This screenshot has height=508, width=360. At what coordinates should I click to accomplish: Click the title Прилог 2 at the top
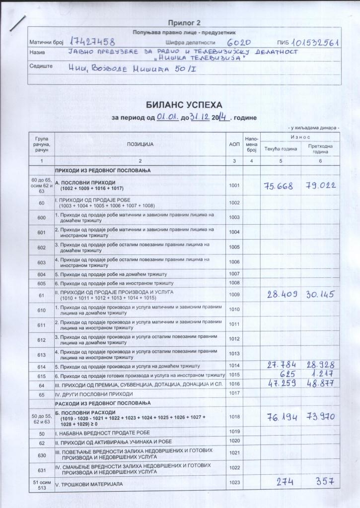click(x=184, y=23)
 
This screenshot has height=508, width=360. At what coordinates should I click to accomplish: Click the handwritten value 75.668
click(x=278, y=186)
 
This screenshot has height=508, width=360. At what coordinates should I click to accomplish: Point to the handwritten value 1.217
click(x=322, y=374)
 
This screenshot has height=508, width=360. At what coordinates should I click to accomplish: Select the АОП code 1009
click(x=234, y=295)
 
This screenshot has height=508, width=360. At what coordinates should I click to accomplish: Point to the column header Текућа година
click(x=280, y=149)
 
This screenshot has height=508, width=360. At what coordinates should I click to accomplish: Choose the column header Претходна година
click(x=320, y=149)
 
